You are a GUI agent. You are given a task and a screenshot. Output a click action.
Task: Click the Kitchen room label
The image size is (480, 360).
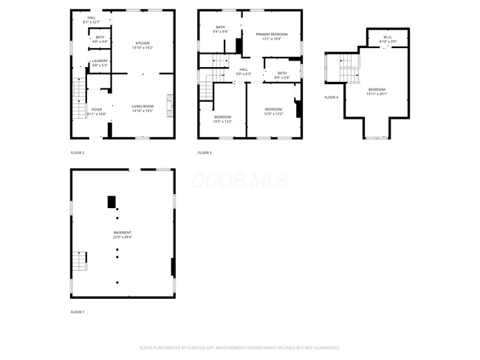pyautogui.click(x=142, y=46)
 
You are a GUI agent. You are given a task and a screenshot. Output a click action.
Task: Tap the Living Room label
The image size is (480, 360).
pyautogui.click(x=143, y=108)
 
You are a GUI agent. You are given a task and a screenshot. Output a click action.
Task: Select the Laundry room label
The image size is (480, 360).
pyautogui.click(x=100, y=63)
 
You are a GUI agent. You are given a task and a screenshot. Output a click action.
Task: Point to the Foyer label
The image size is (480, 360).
pyautogui.click(x=97, y=112)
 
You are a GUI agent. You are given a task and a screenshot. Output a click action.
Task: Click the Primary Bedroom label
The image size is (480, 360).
pyautogui.click(x=271, y=36)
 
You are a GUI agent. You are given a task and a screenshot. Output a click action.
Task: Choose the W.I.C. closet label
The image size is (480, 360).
pyautogui.click(x=388, y=40)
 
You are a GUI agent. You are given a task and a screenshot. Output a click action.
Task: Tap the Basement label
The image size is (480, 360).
pyautogui.click(x=122, y=235)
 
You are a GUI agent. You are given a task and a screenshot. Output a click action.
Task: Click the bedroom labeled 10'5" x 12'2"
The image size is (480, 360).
pyautogui.click(x=222, y=120)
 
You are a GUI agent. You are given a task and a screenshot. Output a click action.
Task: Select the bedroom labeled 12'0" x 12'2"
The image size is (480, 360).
pyautogui.click(x=274, y=111)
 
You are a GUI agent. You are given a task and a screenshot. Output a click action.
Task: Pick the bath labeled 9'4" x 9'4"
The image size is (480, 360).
pyautogui.click(x=220, y=30)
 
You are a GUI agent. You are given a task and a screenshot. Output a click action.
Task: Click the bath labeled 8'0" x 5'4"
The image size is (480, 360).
pyautogui.click(x=281, y=75)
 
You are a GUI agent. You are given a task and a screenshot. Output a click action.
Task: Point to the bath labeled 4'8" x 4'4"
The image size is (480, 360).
pyautogui.click(x=100, y=39)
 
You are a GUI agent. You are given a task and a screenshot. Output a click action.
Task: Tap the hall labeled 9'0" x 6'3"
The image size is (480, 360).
pyautogui.click(x=243, y=72)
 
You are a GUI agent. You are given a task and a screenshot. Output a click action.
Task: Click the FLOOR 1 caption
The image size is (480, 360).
pyautogui.click(x=78, y=312)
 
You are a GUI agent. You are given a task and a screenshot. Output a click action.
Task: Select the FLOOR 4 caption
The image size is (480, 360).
pyautogui.click(x=332, y=97)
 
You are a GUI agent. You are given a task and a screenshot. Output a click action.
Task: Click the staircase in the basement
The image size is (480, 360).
pyautogui.click(x=79, y=261)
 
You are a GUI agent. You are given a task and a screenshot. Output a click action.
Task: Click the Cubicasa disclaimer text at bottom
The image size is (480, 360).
pyautogui.click(x=239, y=347)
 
